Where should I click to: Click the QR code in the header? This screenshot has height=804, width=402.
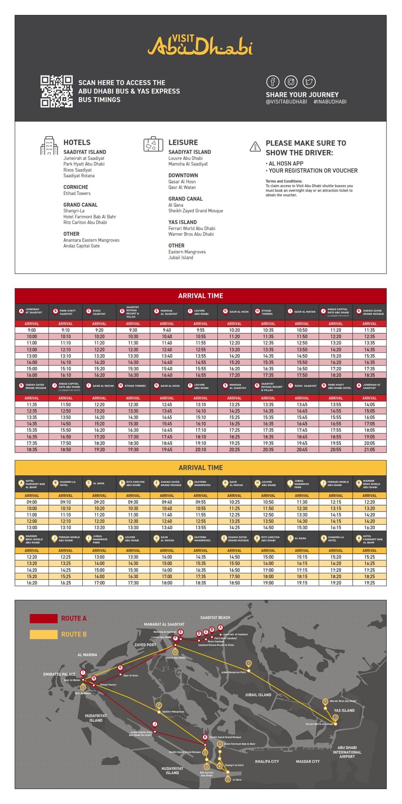click(56, 91)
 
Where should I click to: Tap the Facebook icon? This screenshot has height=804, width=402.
click(273, 82)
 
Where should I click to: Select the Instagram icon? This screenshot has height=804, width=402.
click(291, 82)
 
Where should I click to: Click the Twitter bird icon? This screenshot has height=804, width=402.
click(309, 82)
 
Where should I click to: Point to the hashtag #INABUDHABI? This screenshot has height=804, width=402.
click(330, 102)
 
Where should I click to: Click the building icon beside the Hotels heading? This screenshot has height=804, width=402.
click(49, 146)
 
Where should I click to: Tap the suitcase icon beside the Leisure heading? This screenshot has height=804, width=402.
click(153, 144)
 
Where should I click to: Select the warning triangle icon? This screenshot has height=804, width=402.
click(255, 146)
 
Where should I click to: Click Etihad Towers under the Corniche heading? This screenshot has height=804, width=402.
click(77, 194)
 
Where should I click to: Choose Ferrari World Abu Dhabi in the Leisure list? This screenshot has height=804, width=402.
click(191, 229)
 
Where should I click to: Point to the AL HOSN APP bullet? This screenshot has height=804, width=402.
click(286, 163)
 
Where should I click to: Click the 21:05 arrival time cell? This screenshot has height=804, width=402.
click(369, 450)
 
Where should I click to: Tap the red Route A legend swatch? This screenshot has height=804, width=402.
click(43, 619)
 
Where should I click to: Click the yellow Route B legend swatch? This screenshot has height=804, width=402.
click(43, 634)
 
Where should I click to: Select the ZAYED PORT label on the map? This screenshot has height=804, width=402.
click(145, 645)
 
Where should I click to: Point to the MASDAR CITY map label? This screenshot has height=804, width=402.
click(308, 761)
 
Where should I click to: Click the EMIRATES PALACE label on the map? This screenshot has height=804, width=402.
click(59, 674)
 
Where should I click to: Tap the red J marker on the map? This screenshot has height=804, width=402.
click(155, 724)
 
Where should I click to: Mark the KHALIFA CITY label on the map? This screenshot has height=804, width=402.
click(267, 761)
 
